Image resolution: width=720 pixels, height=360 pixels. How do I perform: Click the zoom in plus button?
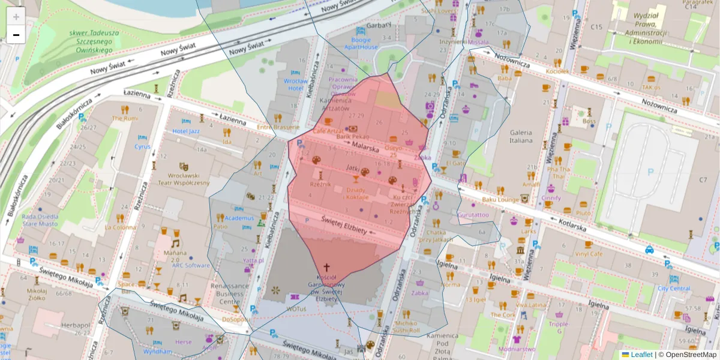coord(16,17)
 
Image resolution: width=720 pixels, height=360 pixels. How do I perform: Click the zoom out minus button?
coord(16,35)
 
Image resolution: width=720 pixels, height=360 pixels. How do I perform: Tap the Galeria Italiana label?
coord(521,136)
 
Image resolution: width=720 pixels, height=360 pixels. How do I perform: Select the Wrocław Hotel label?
coord(295,85)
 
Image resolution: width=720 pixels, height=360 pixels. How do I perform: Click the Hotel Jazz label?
coord(186,131)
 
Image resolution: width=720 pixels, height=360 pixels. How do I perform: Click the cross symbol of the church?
coord(327,267)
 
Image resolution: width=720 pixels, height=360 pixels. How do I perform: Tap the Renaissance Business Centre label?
coord(230,294)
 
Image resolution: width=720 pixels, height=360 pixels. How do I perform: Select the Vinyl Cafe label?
coord(589,254)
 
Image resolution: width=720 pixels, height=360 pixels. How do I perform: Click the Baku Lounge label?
coord(500,199)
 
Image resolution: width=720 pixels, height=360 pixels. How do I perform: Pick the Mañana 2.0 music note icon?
coord(175,243)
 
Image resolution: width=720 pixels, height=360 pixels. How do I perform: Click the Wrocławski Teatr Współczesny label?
coord(184,179)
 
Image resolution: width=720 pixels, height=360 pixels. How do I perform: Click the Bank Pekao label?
coord(352,137)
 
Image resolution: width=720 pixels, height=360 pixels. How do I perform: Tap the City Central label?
coord(674,288)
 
